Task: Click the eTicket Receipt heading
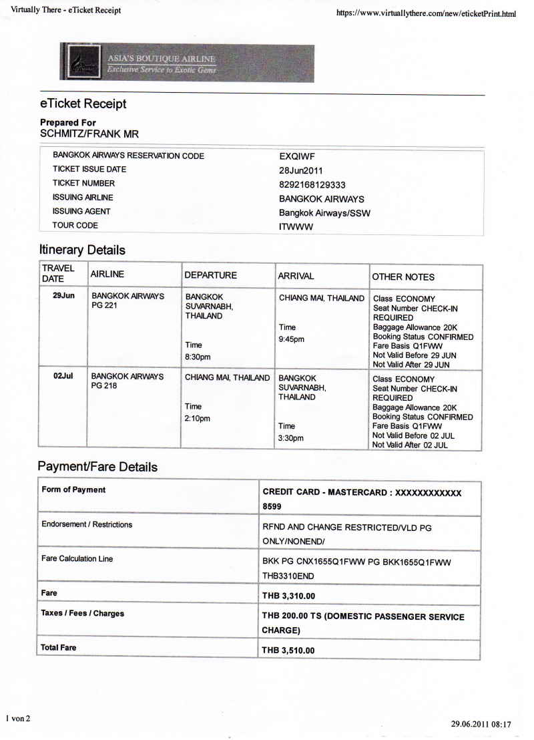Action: pos(83,104)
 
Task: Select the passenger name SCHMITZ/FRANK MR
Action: pos(89,134)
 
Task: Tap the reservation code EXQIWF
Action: pos(297,156)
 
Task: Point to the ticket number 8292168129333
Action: pos(312,184)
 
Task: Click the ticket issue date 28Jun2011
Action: pos(301,170)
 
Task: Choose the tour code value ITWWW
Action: pos(296,227)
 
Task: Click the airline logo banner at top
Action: pos(187,63)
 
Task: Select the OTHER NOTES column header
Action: pos(403,277)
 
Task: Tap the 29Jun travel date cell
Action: pos(63,295)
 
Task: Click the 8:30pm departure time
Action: pos(197,357)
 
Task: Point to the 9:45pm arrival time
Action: pos(291,339)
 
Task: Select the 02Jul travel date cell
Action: pos(63,377)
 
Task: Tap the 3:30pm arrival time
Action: pos(290,438)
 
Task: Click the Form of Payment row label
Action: pos(73,490)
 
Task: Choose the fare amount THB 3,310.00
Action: pos(288,595)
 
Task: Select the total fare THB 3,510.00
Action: pos(288,651)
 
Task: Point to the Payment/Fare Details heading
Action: pos(97,467)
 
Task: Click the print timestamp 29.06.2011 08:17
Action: pos(481,724)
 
